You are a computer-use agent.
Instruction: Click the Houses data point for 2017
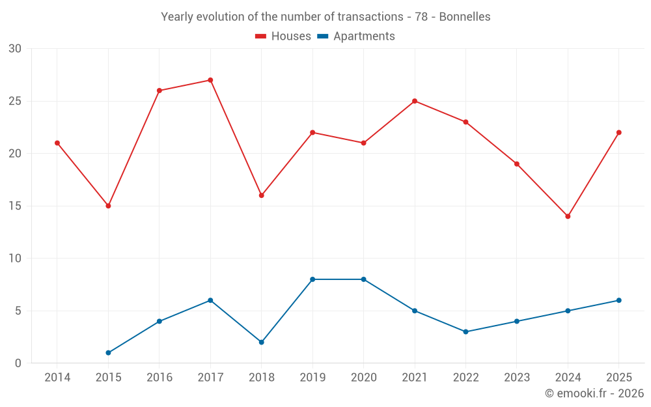coord(210,80)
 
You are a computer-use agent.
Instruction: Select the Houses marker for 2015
coord(108,206)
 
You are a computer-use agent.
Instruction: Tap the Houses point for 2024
coord(568,216)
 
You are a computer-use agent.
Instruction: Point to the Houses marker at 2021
coord(415,101)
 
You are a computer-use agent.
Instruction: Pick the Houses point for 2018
coord(262,195)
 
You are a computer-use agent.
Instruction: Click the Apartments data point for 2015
coord(108,353)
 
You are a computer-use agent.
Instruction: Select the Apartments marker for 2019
coord(312,279)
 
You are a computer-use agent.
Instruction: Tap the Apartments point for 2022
coord(466,332)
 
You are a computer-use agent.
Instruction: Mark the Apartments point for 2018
coord(262,343)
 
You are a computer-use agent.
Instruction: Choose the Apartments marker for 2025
coord(619,300)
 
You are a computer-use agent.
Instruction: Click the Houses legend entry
coord(283,36)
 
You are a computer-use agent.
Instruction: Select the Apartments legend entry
coord(356,36)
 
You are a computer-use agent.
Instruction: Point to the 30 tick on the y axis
coord(15,49)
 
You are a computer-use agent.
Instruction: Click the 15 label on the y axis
coord(15,206)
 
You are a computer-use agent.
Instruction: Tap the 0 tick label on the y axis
coord(18,363)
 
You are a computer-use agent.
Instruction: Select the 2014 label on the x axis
coord(57,378)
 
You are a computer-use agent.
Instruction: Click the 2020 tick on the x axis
coord(364,378)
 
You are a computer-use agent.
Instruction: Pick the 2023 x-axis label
coord(517,378)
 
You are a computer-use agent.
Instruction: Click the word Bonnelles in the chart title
coord(465,17)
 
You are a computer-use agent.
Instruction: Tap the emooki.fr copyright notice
coord(594,393)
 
